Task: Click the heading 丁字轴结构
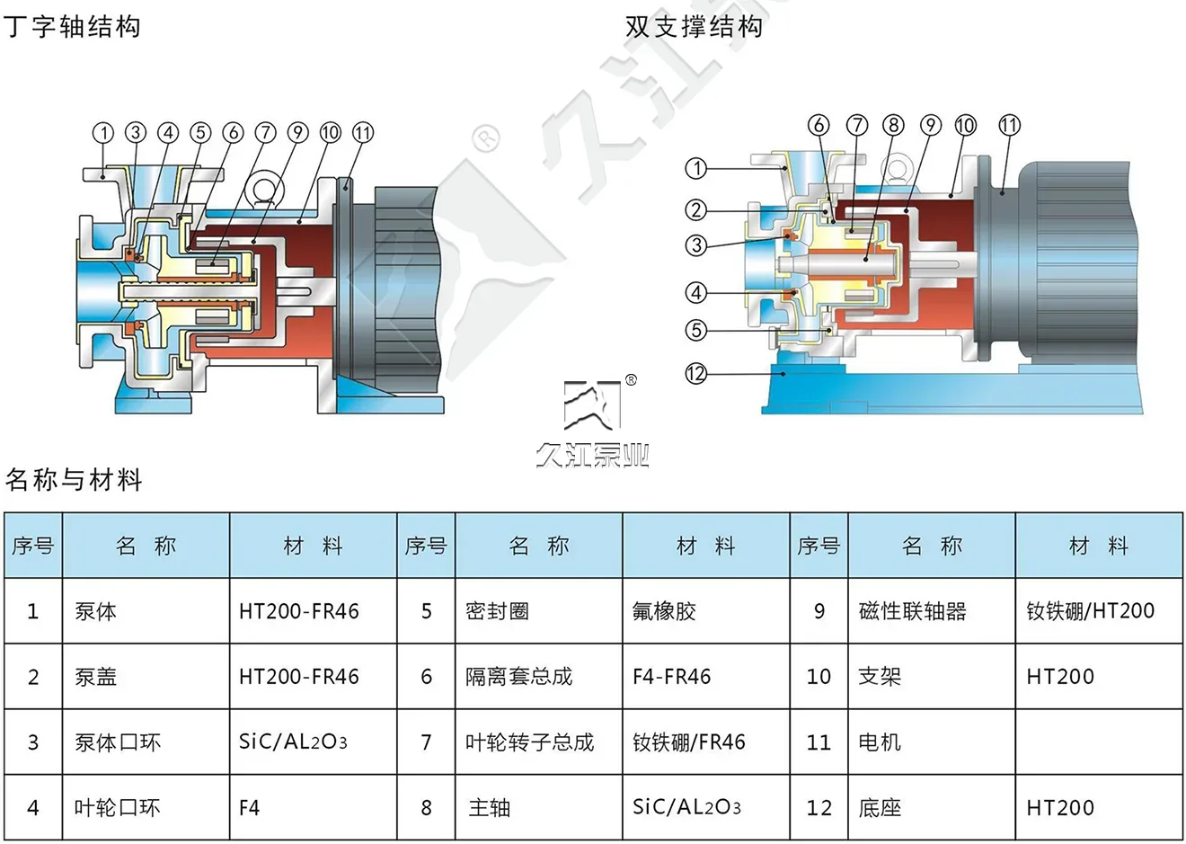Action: click(72, 27)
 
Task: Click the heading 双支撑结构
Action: click(694, 27)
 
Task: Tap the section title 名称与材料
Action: click(74, 480)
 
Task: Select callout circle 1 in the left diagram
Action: click(104, 133)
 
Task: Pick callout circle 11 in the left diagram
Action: click(362, 133)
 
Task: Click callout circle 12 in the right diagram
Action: click(696, 373)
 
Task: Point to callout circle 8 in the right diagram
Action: click(893, 125)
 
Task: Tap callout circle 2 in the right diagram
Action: click(696, 210)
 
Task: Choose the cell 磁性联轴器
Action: click(912, 611)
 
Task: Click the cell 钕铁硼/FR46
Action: click(689, 742)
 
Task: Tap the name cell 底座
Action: click(880, 808)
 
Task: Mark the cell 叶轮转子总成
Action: click(529, 742)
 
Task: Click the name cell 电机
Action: click(880, 742)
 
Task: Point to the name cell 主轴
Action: click(490, 808)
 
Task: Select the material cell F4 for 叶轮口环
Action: click(249, 808)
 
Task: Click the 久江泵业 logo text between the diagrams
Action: click(593, 456)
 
